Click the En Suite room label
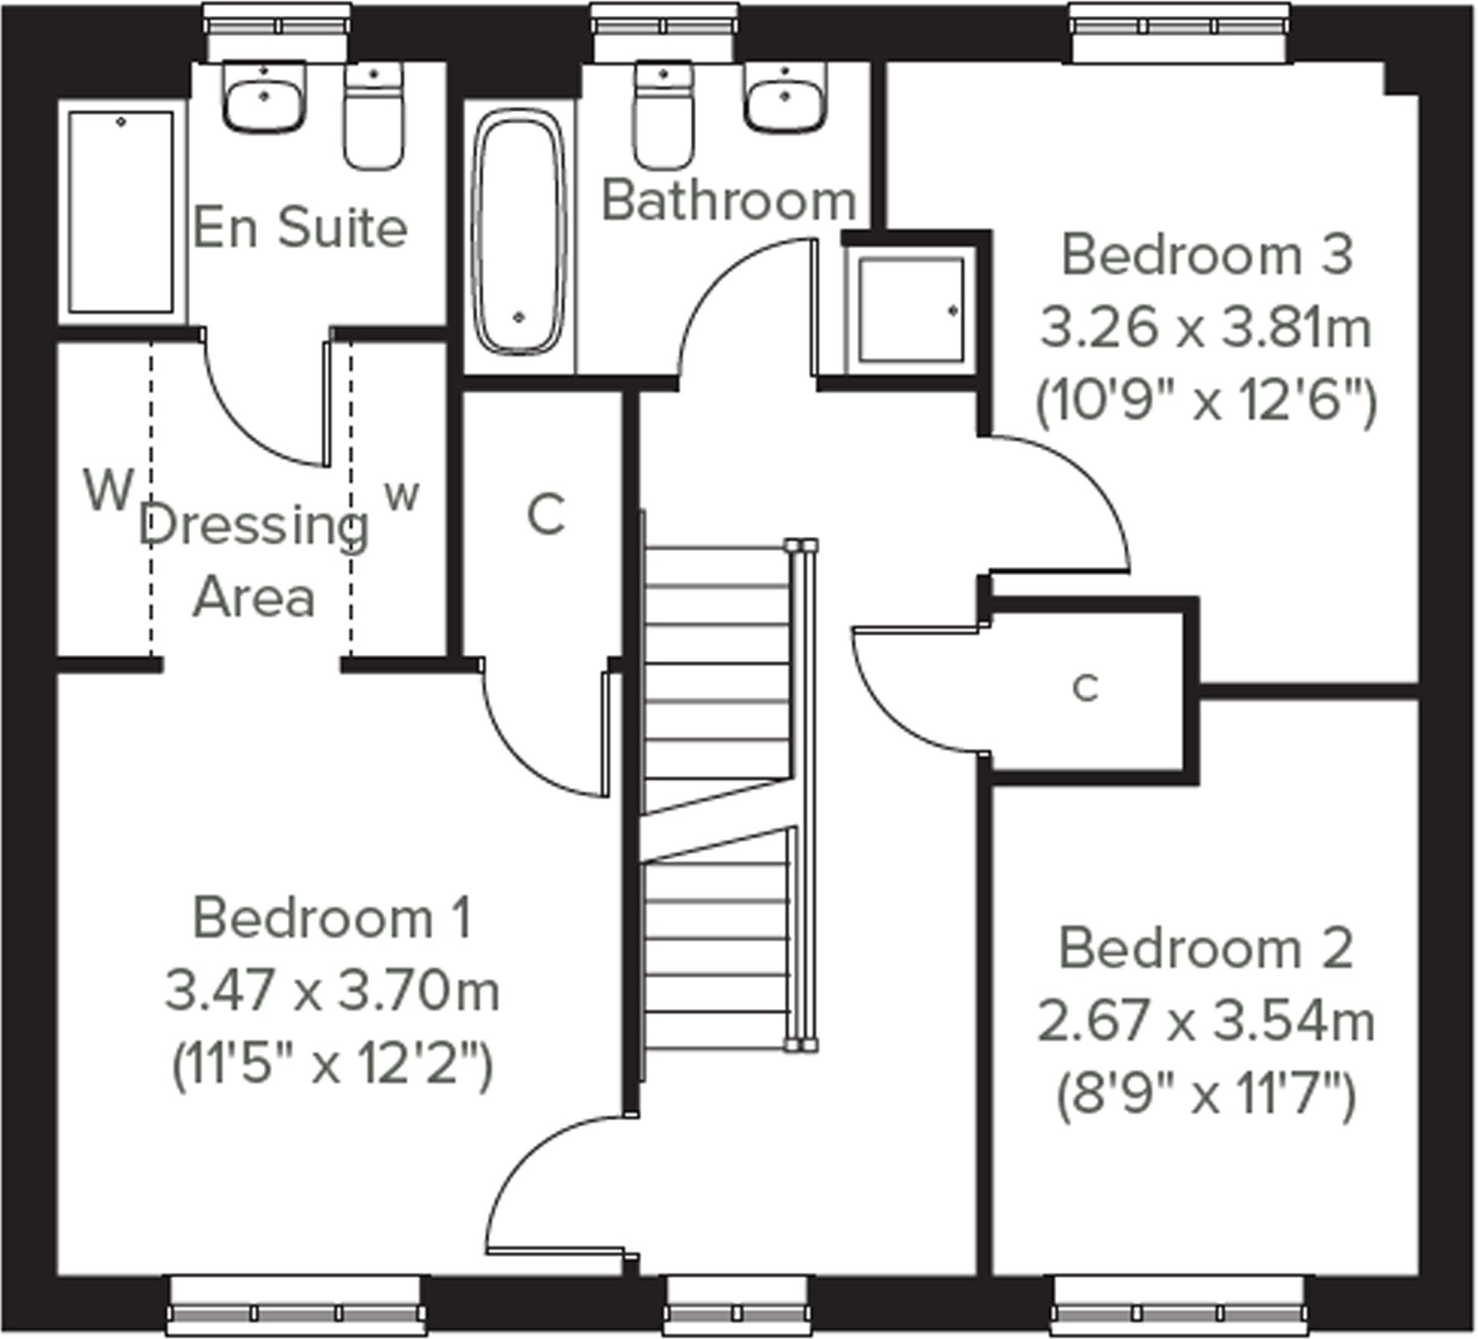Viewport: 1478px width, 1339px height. point(300,227)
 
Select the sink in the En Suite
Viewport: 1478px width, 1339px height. point(263,98)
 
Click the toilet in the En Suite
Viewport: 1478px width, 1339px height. point(373,117)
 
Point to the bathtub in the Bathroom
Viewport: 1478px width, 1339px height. point(518,235)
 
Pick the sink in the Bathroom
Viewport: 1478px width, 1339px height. point(785,98)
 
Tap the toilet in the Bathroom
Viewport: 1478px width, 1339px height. point(663,117)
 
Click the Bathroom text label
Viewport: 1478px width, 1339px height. point(728,201)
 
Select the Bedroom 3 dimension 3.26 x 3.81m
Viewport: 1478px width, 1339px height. point(1206,327)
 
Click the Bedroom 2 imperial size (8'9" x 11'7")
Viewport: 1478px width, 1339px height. point(1206,1094)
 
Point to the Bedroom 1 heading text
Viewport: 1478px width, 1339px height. point(332,918)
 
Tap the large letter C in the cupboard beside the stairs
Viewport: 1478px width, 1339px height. point(546,514)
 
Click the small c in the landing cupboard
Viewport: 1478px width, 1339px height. point(1085,688)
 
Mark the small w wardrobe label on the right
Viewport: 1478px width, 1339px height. point(402,496)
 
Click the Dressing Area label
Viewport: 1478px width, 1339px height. point(254,561)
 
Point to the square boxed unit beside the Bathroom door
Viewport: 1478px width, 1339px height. point(911,310)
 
